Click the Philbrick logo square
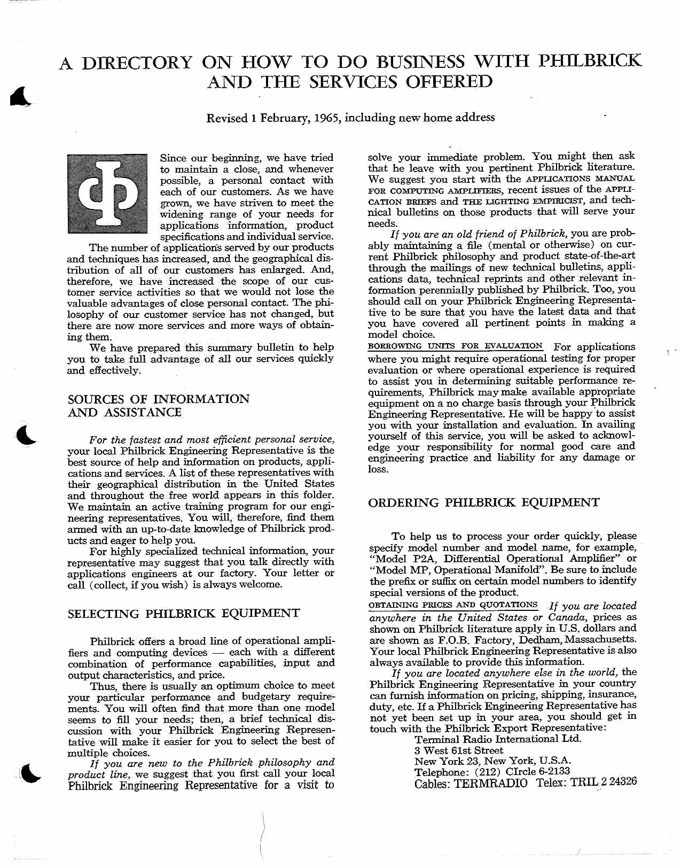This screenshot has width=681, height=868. tap(107, 193)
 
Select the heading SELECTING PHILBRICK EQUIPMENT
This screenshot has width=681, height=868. tap(184, 614)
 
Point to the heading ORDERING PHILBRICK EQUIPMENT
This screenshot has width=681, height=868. tap(484, 502)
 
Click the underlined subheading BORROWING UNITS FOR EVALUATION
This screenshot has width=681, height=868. tap(455, 346)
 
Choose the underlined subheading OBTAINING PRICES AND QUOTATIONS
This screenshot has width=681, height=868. tap(453, 605)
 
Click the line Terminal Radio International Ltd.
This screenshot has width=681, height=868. tap(498, 739)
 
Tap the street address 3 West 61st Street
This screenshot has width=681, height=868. tap(459, 750)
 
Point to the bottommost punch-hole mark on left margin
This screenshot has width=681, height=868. tap(30, 774)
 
